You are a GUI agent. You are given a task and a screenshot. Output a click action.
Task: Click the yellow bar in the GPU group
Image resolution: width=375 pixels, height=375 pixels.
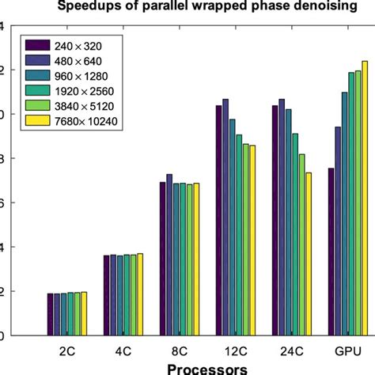[x=365, y=198]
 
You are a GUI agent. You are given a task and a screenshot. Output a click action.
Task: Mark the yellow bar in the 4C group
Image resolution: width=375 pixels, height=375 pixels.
[x=141, y=294]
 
